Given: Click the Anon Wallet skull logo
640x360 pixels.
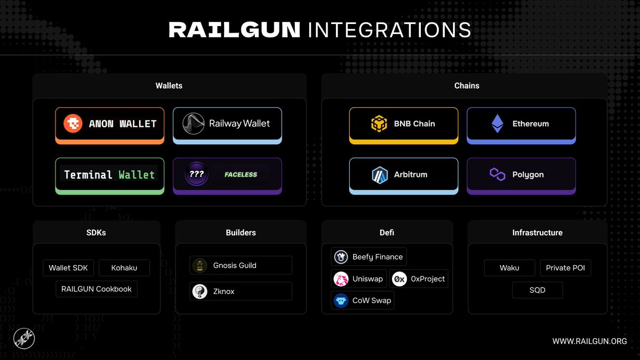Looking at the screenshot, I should tap(73, 124).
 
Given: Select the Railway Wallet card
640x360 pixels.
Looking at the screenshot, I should tap(227, 124).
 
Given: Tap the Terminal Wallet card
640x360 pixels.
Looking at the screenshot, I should tap(109, 175).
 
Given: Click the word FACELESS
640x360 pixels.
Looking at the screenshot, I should tap(241, 174).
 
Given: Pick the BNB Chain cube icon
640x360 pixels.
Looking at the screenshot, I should tap(379, 124).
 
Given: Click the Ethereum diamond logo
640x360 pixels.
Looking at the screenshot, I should tap(497, 124).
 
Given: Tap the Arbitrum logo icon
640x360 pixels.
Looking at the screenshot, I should tap(379, 174).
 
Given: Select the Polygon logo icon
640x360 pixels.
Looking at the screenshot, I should tap(497, 174).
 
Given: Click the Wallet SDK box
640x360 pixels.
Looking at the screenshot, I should tap(68, 268).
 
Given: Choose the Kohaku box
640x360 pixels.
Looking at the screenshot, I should tap(124, 268).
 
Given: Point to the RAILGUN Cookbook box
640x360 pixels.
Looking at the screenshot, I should tap(96, 289).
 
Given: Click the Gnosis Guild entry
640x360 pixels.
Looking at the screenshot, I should tap(241, 265).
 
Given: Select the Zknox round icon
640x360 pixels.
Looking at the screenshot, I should tap(200, 291).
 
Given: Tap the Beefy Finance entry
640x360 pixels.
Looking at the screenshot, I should tap(369, 257).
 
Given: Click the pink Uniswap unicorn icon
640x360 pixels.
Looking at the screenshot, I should tap(341, 279).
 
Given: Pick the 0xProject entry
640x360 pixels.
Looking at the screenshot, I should tap(419, 279).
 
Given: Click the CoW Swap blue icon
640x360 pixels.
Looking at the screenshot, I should tap(341, 301).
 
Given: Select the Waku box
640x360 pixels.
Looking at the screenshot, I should tap(509, 268).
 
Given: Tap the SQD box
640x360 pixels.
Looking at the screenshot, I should tap(537, 291).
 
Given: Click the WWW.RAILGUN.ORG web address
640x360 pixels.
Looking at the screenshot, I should tap(589, 341).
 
